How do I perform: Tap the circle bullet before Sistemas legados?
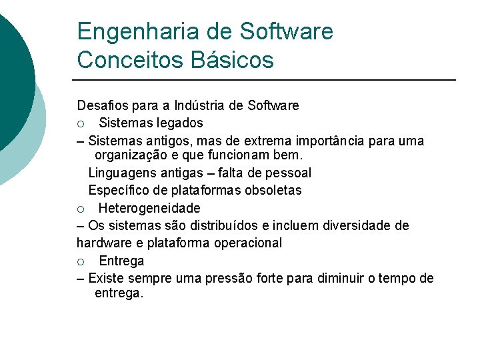click(x=80, y=123)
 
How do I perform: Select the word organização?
click(x=129, y=155)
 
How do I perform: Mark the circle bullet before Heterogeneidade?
click(x=80, y=209)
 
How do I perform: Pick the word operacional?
click(x=248, y=243)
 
